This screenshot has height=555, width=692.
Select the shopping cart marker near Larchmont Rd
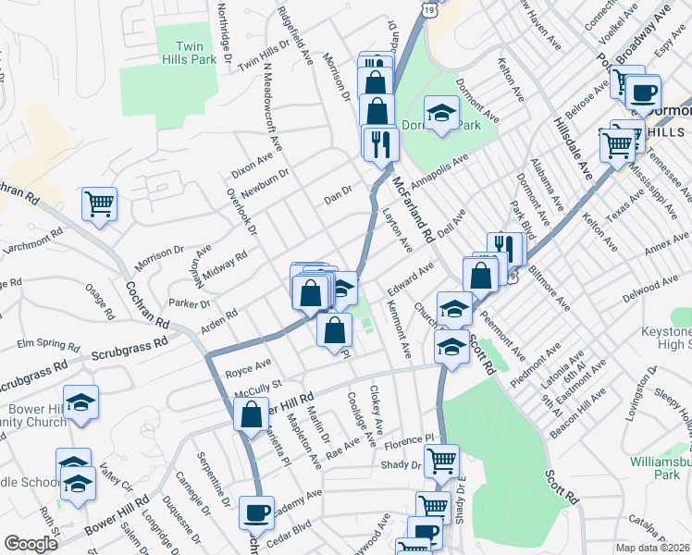[99, 203]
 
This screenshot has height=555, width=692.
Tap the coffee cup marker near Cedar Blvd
[256, 512]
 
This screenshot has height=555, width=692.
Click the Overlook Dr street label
[243, 213]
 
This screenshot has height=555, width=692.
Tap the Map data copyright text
[653, 548]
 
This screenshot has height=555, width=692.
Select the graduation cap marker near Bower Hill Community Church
[81, 402]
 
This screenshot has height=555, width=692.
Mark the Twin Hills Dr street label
[264, 55]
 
